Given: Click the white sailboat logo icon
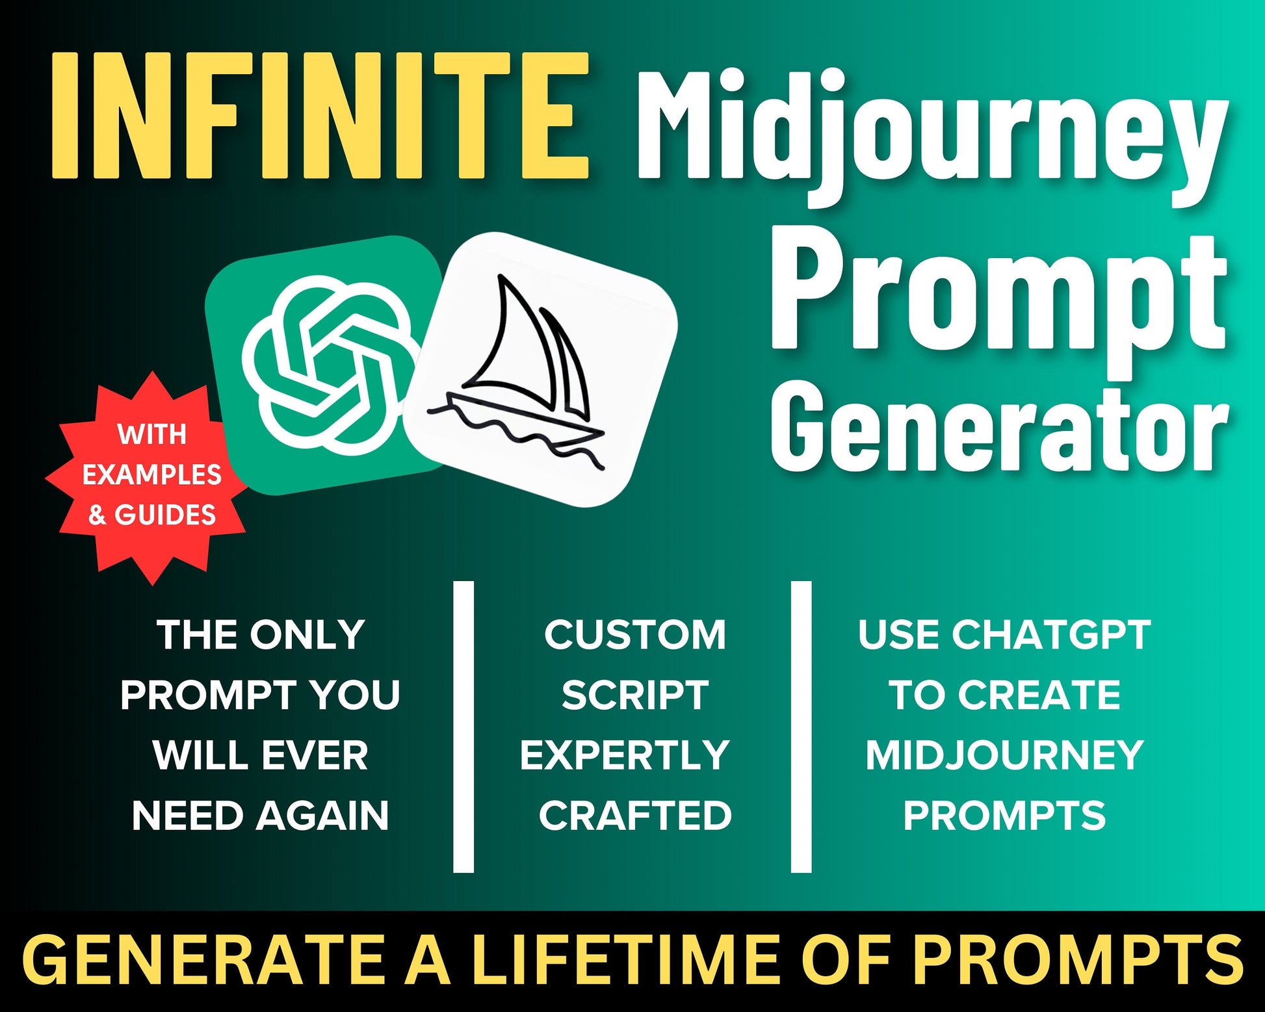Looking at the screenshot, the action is [541, 369].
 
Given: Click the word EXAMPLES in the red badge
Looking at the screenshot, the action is [151, 475].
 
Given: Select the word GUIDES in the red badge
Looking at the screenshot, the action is [165, 515].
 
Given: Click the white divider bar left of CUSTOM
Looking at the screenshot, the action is [463, 727].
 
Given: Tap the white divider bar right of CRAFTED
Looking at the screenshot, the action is [802, 727].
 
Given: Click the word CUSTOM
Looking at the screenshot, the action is [635, 634].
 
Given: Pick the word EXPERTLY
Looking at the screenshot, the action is [625, 755].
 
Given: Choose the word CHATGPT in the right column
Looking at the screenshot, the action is [1052, 634].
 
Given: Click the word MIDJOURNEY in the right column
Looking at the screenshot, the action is [1004, 755].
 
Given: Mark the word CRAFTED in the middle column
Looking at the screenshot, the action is [635, 816].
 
